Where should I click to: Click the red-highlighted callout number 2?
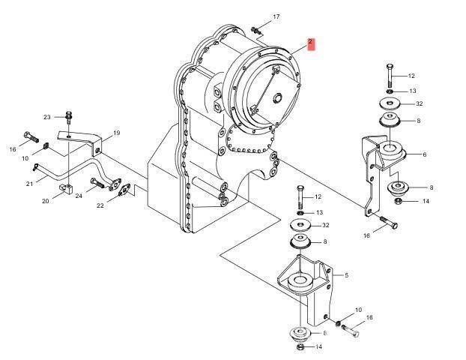pyautogui.click(x=310, y=43)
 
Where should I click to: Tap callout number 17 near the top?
pyautogui.click(x=276, y=16)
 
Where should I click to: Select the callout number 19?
pyautogui.click(x=116, y=133)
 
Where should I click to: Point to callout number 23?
pyautogui.click(x=46, y=117)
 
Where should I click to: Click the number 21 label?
pyautogui.click(x=29, y=184)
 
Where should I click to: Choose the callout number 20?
pyautogui.click(x=45, y=201)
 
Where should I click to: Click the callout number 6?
pyautogui.click(x=424, y=155)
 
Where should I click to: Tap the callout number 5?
pyautogui.click(x=347, y=275)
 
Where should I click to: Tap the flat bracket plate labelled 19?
pyautogui.click(x=82, y=142)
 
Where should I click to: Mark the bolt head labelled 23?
pyautogui.click(x=68, y=116)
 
